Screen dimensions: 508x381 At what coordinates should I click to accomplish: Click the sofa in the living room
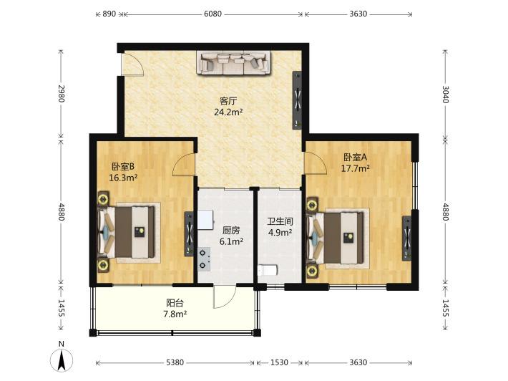[234, 63]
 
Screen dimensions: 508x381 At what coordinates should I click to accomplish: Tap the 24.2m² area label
[228, 112]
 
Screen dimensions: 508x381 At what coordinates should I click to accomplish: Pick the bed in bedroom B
[129, 232]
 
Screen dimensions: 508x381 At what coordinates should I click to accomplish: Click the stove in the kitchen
[204, 259]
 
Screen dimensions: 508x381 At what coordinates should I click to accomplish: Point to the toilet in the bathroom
[268, 270]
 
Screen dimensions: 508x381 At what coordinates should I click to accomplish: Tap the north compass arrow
[62, 360]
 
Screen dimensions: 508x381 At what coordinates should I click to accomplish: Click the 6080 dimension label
[213, 14]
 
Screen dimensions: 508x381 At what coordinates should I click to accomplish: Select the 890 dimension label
[109, 14]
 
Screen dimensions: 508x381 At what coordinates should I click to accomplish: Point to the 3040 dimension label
[446, 95]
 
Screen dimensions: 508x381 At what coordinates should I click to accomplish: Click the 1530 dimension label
[279, 362]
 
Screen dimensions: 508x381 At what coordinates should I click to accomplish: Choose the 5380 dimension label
[175, 362]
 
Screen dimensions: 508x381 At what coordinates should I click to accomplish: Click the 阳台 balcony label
[175, 303]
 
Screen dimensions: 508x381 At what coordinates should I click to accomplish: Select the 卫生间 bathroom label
[280, 221]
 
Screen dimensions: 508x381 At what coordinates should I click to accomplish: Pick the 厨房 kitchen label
[231, 231]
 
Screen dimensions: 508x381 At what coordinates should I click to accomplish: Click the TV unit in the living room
[297, 100]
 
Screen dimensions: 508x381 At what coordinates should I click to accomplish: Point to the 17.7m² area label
[356, 168]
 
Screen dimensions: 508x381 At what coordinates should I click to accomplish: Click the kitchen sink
[206, 220]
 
